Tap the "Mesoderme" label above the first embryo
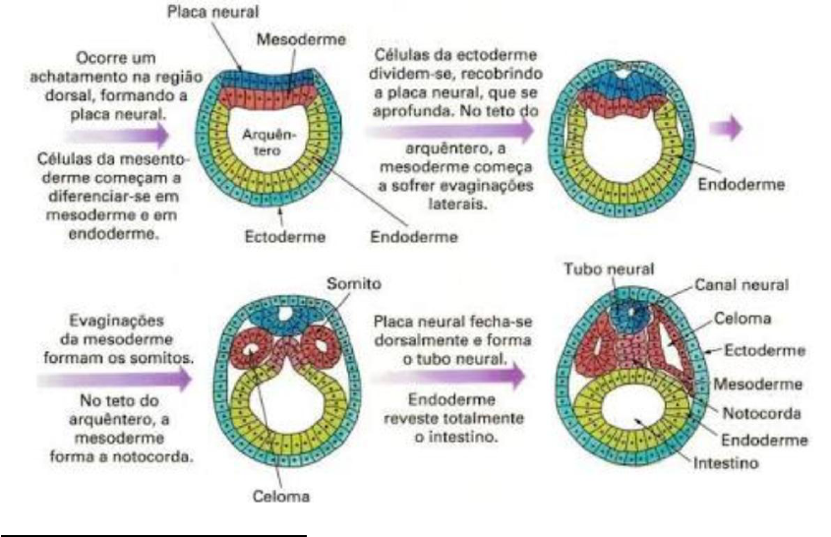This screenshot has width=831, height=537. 290,40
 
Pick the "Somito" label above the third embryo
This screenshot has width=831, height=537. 354,282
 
